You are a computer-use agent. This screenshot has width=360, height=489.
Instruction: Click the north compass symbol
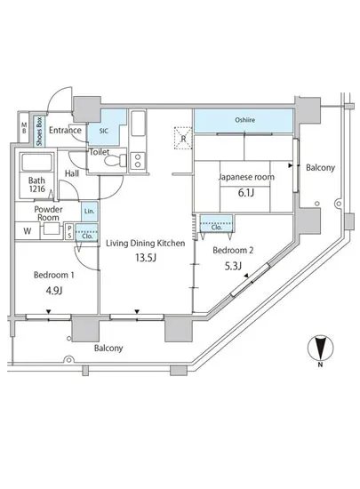coord(320,348)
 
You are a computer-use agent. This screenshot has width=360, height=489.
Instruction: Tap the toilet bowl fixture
coord(115,161)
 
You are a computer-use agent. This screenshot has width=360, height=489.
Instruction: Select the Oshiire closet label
coord(245,120)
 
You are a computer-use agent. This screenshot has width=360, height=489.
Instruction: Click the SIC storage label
coord(104,131)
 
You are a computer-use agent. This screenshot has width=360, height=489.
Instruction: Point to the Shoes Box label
coord(39,131)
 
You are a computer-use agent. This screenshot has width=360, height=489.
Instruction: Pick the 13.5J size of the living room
coord(145,258)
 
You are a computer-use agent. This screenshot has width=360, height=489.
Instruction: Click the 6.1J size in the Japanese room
coord(246,193)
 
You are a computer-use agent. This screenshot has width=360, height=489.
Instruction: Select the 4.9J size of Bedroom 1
coord(54,291)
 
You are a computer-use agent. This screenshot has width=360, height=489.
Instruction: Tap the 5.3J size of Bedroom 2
coord(233,266)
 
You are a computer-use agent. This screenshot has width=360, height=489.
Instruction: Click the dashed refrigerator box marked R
coord(183,138)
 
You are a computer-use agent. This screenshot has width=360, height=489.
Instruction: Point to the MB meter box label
coord(24,128)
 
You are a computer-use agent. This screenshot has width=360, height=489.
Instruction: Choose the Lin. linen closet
coord(90,211)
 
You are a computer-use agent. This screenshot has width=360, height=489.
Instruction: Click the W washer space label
coord(28,231)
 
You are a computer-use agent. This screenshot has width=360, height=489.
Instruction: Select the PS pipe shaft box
coord(69,232)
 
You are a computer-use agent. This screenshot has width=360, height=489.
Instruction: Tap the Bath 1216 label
coord(36,185)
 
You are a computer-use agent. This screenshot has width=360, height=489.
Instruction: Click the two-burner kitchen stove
coord(138,161)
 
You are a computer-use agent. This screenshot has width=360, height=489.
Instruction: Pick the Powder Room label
coord(48,213)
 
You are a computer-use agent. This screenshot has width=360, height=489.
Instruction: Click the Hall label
coord(72,173)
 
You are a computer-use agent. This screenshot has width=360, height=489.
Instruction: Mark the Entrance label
coord(65,130)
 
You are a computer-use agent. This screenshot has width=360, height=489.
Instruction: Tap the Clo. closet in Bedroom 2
coord(216,223)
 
